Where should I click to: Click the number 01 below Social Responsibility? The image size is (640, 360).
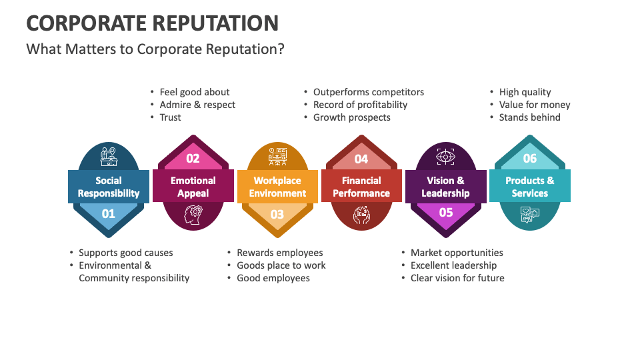point(108,214)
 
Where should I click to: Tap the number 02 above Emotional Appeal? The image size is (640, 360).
point(193,159)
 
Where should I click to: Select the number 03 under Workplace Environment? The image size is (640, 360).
point(277,214)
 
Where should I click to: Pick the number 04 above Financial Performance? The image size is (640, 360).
point(361,159)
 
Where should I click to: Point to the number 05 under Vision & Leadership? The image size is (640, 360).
point(445,213)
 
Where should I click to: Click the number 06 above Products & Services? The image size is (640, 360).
point(530,159)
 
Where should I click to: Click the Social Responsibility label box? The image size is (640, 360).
point(108,187)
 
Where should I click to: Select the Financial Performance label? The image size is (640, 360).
point(361,187)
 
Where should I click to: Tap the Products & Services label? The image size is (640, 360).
point(530,187)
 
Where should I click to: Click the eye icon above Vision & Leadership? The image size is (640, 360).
point(445,157)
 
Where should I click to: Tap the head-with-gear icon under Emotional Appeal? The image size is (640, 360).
point(193,215)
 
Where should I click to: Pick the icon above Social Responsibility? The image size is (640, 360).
point(108,157)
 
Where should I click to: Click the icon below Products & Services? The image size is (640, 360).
point(530,215)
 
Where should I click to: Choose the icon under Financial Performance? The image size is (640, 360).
point(361,215)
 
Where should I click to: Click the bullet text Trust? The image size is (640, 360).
point(171,117)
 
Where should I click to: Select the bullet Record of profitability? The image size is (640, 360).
point(360,105)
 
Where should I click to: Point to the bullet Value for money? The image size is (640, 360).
point(535,105)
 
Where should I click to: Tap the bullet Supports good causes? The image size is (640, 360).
point(126,253)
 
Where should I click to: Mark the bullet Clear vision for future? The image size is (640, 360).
point(457,278)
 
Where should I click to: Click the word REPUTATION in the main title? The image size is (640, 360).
point(215,23)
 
